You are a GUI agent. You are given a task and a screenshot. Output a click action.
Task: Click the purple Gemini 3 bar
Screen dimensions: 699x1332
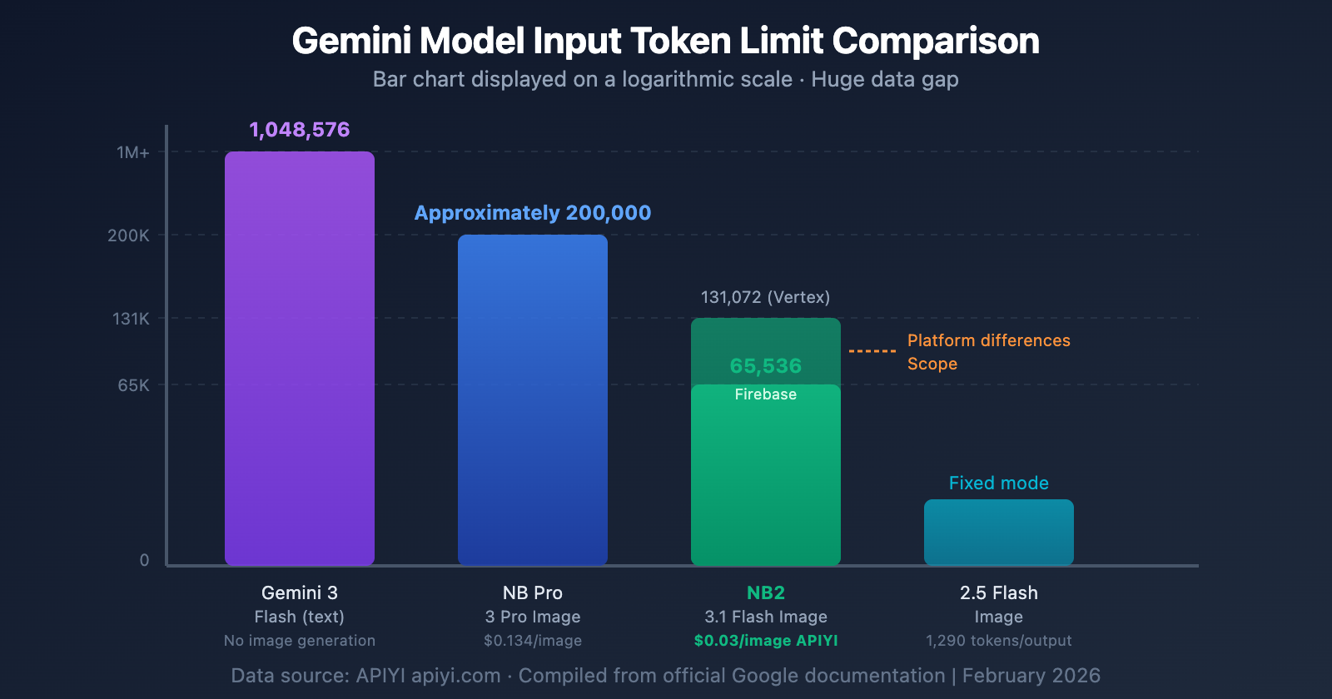click(x=300, y=358)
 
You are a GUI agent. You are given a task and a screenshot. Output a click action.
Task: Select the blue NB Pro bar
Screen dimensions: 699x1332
click(x=533, y=399)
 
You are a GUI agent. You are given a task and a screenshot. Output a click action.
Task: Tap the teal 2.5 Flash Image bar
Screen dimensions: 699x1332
click(x=999, y=533)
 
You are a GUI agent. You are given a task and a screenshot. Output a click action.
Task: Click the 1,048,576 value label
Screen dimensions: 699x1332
click(x=300, y=130)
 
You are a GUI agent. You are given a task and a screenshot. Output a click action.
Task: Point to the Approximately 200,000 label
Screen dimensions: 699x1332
click(x=533, y=213)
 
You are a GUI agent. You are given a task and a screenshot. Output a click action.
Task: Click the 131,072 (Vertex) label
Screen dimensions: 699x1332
click(x=765, y=297)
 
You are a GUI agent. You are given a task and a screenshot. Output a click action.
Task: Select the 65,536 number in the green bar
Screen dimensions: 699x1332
click(x=765, y=366)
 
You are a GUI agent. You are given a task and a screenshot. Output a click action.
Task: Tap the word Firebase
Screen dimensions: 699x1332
click(x=765, y=394)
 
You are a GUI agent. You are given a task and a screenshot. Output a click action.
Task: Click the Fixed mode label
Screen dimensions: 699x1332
click(x=998, y=483)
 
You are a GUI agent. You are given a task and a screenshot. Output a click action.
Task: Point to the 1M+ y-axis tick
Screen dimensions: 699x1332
click(x=133, y=152)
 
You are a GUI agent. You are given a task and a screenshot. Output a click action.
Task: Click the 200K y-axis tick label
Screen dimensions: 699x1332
click(x=129, y=235)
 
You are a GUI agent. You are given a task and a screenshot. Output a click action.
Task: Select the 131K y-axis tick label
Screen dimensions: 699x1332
click(x=131, y=319)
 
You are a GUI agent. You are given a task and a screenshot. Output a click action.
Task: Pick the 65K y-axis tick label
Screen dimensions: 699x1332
click(x=133, y=385)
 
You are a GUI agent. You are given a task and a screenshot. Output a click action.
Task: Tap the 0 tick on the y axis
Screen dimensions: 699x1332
click(x=144, y=560)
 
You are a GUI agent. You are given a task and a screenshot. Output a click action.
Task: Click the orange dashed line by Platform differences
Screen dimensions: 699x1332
click(x=872, y=351)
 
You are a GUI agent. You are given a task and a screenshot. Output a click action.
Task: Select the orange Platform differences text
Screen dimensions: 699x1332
click(x=988, y=340)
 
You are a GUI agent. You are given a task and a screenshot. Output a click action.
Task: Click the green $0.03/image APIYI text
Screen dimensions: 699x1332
click(x=765, y=641)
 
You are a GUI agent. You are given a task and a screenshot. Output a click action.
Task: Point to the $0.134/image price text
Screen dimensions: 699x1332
click(x=533, y=641)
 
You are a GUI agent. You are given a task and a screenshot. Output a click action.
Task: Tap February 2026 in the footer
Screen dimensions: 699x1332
click(x=1031, y=676)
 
